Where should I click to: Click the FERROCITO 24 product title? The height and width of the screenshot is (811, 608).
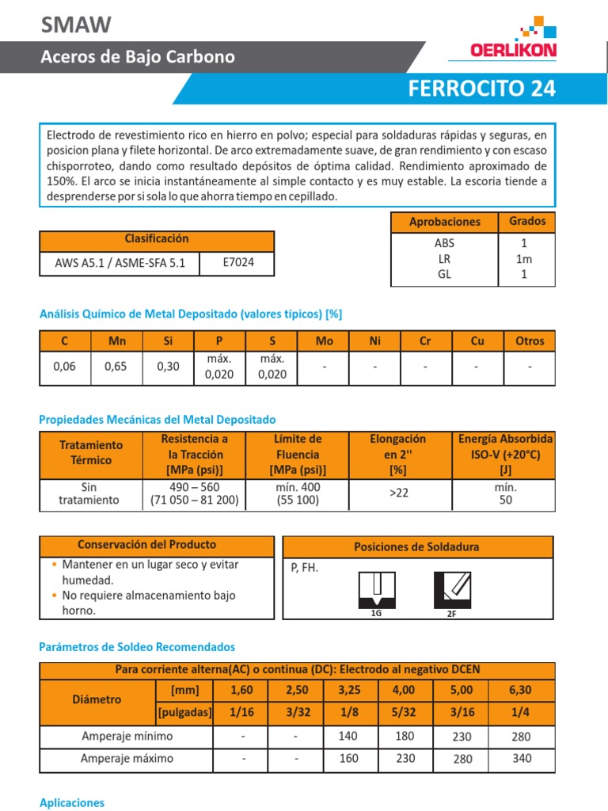click(481, 89)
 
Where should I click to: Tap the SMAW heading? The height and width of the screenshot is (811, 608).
click(76, 25)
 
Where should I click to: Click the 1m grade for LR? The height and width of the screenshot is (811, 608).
click(523, 259)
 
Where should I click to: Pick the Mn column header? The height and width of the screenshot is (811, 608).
click(116, 341)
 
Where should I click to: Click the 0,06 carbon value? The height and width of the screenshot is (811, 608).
click(64, 367)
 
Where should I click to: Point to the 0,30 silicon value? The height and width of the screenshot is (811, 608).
click(168, 367)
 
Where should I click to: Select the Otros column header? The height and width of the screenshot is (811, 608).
click(530, 341)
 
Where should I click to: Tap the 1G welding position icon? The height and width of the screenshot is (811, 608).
click(376, 589)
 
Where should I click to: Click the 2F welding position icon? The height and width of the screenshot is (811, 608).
click(451, 589)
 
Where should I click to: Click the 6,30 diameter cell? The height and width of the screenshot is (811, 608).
click(520, 690)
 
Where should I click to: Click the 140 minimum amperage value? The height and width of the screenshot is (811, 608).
click(348, 737)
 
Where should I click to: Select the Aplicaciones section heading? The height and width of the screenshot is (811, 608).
click(72, 802)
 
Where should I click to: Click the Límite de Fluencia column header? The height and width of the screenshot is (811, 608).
click(298, 455)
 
